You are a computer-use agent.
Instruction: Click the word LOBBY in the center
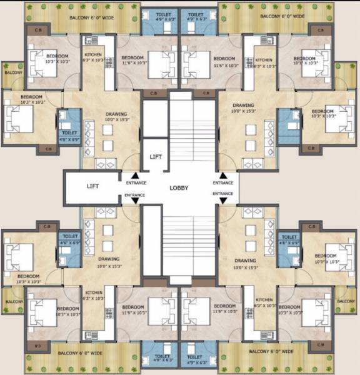click(x=179, y=187)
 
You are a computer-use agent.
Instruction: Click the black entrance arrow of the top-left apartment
click(x=135, y=176)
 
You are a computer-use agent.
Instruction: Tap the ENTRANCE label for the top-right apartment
click(x=223, y=183)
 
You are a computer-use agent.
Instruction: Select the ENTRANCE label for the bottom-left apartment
click(x=135, y=195)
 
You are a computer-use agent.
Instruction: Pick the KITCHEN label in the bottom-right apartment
click(x=264, y=302)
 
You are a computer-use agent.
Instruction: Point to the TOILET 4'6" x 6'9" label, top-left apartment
click(x=67, y=134)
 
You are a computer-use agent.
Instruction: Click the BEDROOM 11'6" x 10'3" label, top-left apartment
click(x=133, y=61)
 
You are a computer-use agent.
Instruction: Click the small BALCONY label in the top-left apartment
click(x=13, y=72)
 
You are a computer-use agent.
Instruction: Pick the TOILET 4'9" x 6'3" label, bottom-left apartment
click(x=161, y=359)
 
